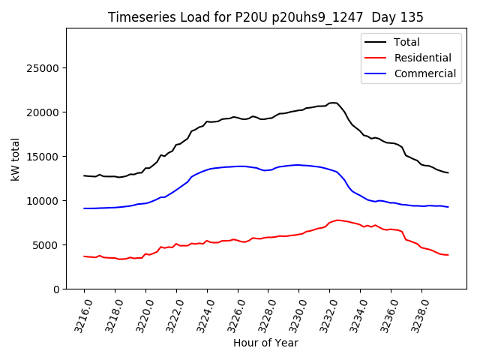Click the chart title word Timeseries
tap(139, 17)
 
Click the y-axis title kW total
tap(16, 159)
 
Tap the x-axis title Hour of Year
tap(265, 343)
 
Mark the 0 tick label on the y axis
tap(56, 289)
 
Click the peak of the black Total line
tap(333, 103)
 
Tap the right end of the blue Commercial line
tap(448, 207)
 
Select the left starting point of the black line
tap(84, 175)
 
